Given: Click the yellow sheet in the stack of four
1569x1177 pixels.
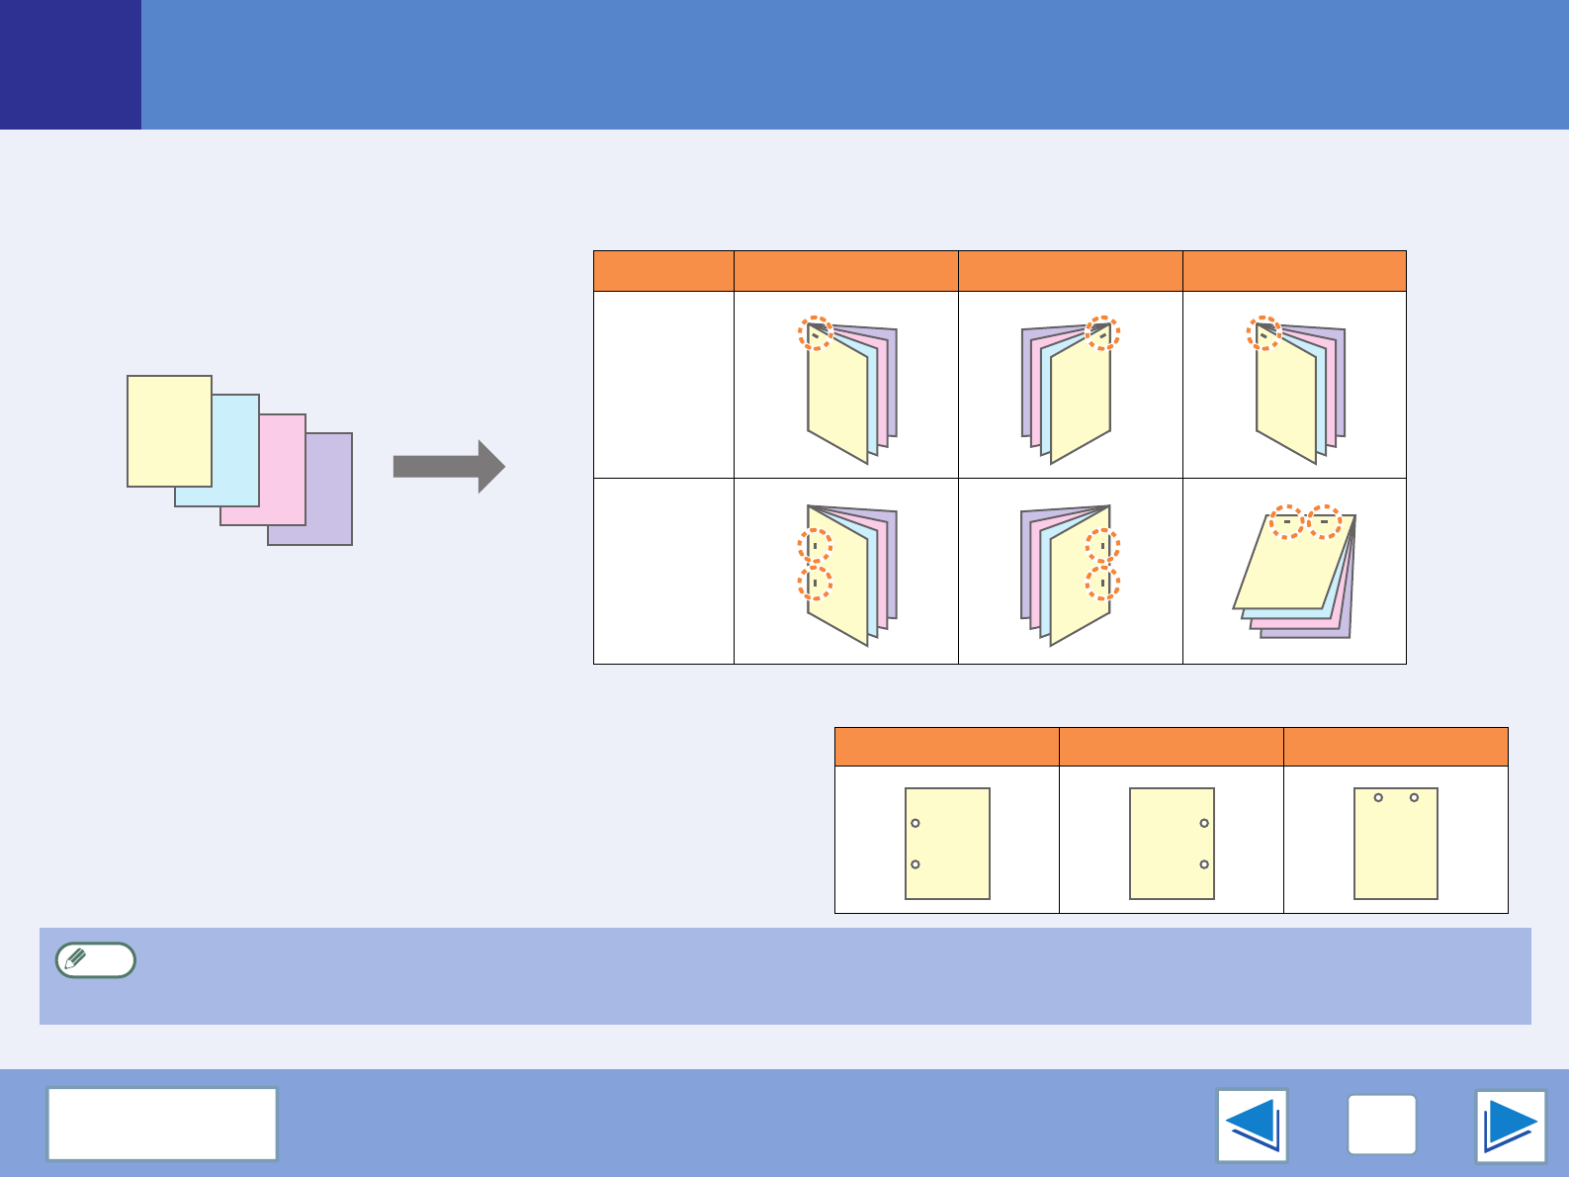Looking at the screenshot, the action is click(169, 430).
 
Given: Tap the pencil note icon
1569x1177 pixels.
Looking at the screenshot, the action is click(95, 959).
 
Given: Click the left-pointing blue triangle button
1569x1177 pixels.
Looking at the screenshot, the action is click(1252, 1126).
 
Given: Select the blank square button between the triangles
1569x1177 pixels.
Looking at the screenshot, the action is click(1381, 1126).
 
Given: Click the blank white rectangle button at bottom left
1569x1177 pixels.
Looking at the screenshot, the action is click(162, 1124).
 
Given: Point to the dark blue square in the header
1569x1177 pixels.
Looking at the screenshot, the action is click(70, 64).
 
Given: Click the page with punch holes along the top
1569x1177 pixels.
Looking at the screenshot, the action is click(1395, 843).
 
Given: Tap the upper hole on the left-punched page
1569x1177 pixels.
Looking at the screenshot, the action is click(915, 823).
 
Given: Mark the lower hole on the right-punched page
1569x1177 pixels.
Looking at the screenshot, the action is click(1204, 864).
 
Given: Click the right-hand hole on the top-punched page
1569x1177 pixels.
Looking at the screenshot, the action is click(1414, 797).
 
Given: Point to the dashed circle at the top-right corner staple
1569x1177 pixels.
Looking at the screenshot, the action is click(1101, 333).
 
